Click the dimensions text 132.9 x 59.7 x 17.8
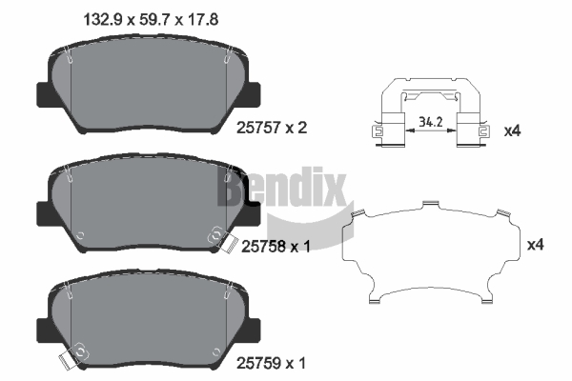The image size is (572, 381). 151,19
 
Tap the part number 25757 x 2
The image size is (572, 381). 272,128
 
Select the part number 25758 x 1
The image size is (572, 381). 276,247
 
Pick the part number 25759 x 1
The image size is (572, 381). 271,363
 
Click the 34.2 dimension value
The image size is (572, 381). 431,122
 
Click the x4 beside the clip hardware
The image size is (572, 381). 512,130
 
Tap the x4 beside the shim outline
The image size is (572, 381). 536,245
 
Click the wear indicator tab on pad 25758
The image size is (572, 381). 227,243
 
